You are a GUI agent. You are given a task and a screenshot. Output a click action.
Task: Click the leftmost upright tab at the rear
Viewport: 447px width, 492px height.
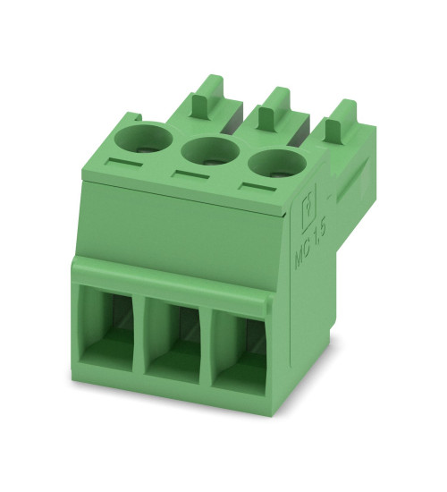point(207,92)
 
